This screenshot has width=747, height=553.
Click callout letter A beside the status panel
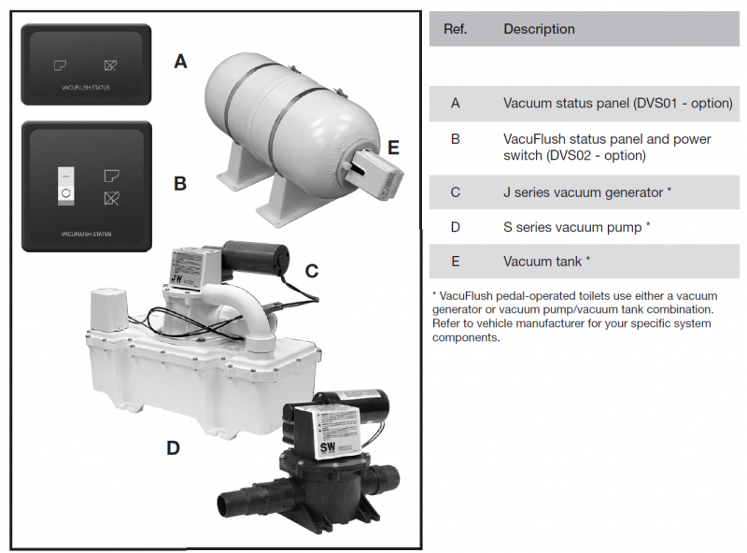pos(180,62)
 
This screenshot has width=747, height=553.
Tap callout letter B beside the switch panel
pos(180,183)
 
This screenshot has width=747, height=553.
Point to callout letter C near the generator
pos(312,271)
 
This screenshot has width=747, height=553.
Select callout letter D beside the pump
pos(173,447)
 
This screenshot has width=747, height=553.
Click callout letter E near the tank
pos(393,148)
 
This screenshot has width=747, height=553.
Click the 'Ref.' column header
pos(456,29)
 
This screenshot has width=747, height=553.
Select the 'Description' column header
pos(539,29)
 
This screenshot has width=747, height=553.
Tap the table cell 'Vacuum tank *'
pos(546,262)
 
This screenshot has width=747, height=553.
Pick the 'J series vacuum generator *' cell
pos(588,192)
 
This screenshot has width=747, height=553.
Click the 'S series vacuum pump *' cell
pos(576,227)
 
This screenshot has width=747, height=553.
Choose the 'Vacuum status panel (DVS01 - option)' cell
pos(617,104)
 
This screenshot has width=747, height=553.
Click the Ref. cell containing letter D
pos(456,227)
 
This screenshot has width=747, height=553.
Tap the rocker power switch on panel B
pos(65,185)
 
